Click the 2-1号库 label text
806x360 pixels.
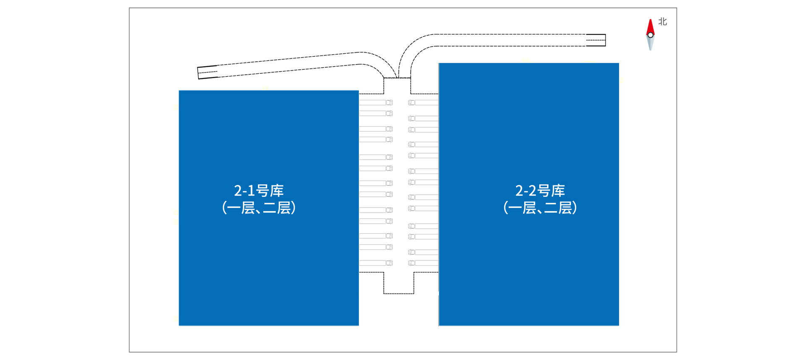coord(259,191)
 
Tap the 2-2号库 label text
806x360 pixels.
coord(540,191)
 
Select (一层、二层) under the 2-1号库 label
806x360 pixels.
coord(259,207)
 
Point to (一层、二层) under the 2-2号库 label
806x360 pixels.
coord(540,207)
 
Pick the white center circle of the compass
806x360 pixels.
coord(650,35)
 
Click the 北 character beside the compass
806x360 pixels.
coord(663,21)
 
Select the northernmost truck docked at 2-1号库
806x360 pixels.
coord(376,102)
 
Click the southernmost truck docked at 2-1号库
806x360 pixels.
coord(376,263)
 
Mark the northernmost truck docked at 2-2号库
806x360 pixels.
coord(423,102)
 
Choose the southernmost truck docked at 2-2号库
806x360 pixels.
coord(423,263)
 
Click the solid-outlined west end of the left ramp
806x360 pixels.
coord(208,72)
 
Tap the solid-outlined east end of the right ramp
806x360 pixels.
coord(596,40)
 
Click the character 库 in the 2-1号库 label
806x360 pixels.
coord(277,191)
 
